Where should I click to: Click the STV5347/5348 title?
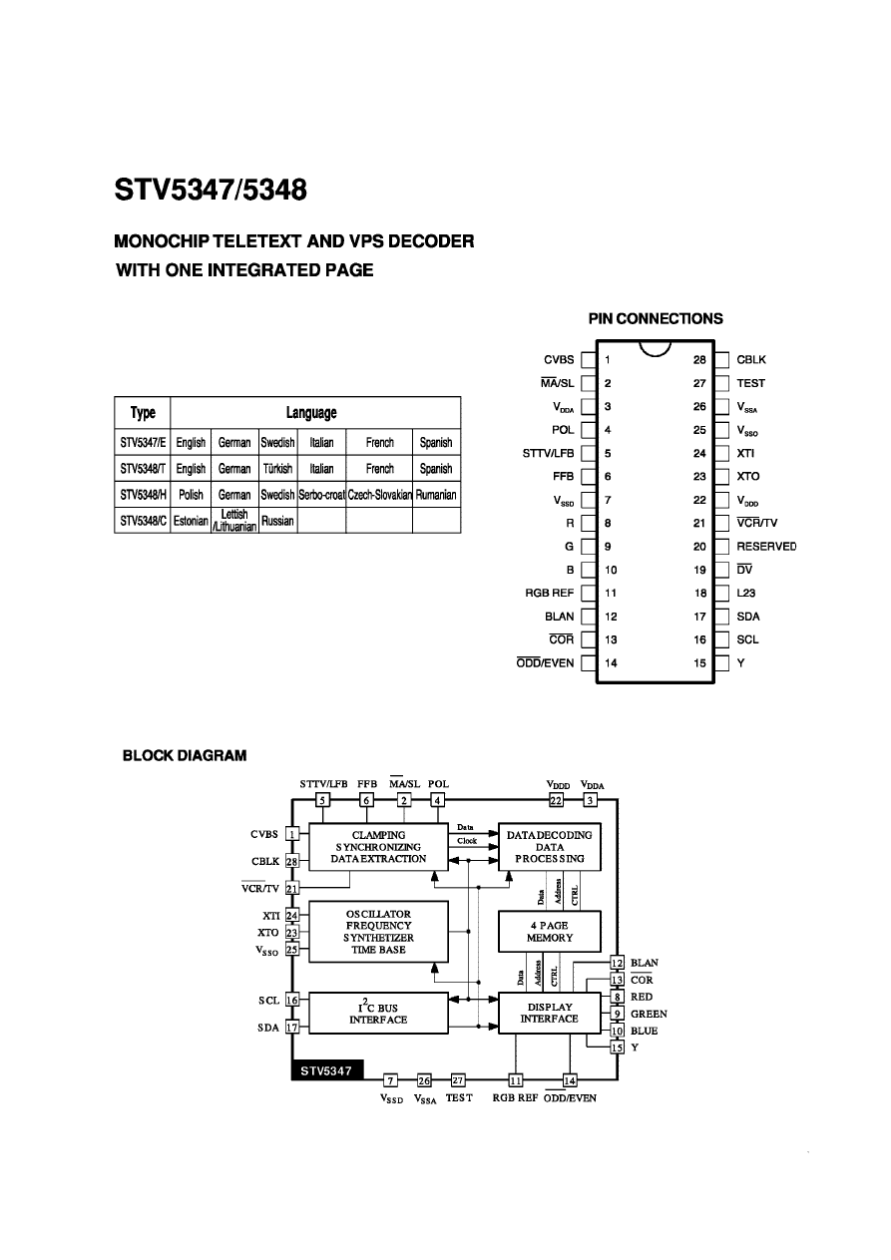click(x=211, y=191)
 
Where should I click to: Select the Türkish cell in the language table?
click(x=276, y=469)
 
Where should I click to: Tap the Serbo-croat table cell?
click(x=321, y=495)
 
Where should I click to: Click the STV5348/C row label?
click(x=143, y=521)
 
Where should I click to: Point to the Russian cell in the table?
click(x=276, y=521)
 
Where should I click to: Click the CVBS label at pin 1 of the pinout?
click(x=559, y=360)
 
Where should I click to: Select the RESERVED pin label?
click(x=766, y=547)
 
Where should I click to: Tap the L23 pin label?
click(x=747, y=594)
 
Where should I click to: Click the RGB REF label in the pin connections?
click(x=550, y=594)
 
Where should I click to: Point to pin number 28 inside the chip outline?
click(x=700, y=360)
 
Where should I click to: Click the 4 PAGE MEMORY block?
click(x=550, y=932)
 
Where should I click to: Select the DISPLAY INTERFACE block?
click(x=550, y=1013)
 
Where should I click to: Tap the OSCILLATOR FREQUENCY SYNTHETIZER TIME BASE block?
click(x=378, y=932)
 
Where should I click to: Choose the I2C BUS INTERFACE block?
click(x=378, y=1013)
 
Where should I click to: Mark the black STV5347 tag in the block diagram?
click(x=326, y=1071)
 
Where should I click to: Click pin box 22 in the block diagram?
click(x=556, y=800)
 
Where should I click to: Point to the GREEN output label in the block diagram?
click(x=650, y=1014)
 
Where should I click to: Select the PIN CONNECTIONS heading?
click(x=656, y=319)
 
